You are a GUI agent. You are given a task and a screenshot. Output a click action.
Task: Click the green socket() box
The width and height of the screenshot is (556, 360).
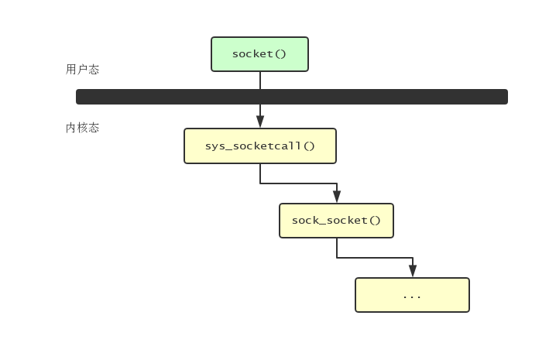(x=259, y=54)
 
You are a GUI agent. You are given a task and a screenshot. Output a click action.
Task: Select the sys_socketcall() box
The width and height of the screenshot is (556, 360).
(x=259, y=146)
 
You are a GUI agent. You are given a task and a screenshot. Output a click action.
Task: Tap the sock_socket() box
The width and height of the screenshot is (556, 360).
(x=336, y=221)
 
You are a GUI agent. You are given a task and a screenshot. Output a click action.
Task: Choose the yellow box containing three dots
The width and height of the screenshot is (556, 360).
(x=412, y=295)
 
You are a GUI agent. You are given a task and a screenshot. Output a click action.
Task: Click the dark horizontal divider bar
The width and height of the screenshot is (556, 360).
(x=291, y=97)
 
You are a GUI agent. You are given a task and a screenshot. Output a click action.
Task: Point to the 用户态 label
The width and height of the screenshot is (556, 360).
(x=82, y=70)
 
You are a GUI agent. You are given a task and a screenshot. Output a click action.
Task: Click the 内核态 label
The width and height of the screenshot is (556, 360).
(x=82, y=128)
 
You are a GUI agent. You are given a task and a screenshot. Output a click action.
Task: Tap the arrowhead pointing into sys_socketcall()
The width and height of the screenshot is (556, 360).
(x=260, y=122)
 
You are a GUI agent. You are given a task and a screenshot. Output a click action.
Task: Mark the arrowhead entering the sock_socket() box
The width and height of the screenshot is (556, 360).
(x=337, y=197)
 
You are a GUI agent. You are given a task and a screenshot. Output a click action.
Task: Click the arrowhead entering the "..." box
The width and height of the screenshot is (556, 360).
(x=413, y=271)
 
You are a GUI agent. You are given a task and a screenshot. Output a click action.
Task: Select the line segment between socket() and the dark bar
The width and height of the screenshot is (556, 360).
(x=260, y=81)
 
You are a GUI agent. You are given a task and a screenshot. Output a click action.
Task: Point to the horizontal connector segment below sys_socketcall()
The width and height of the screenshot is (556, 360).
(x=298, y=183)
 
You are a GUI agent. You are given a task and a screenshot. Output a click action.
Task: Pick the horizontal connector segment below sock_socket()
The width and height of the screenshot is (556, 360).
(x=375, y=258)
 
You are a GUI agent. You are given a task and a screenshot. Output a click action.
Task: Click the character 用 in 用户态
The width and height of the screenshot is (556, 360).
(x=71, y=70)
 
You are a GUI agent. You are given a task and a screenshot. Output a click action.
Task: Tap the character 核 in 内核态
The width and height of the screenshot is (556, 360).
(x=82, y=128)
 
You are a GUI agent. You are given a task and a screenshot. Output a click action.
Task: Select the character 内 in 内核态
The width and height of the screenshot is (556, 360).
(x=71, y=128)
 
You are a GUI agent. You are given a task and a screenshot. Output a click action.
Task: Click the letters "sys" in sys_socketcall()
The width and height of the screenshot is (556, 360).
(x=214, y=146)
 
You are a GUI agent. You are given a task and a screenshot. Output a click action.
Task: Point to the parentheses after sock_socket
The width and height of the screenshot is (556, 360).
(x=375, y=221)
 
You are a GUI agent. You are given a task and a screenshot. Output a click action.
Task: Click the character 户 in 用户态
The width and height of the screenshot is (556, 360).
(x=82, y=70)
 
